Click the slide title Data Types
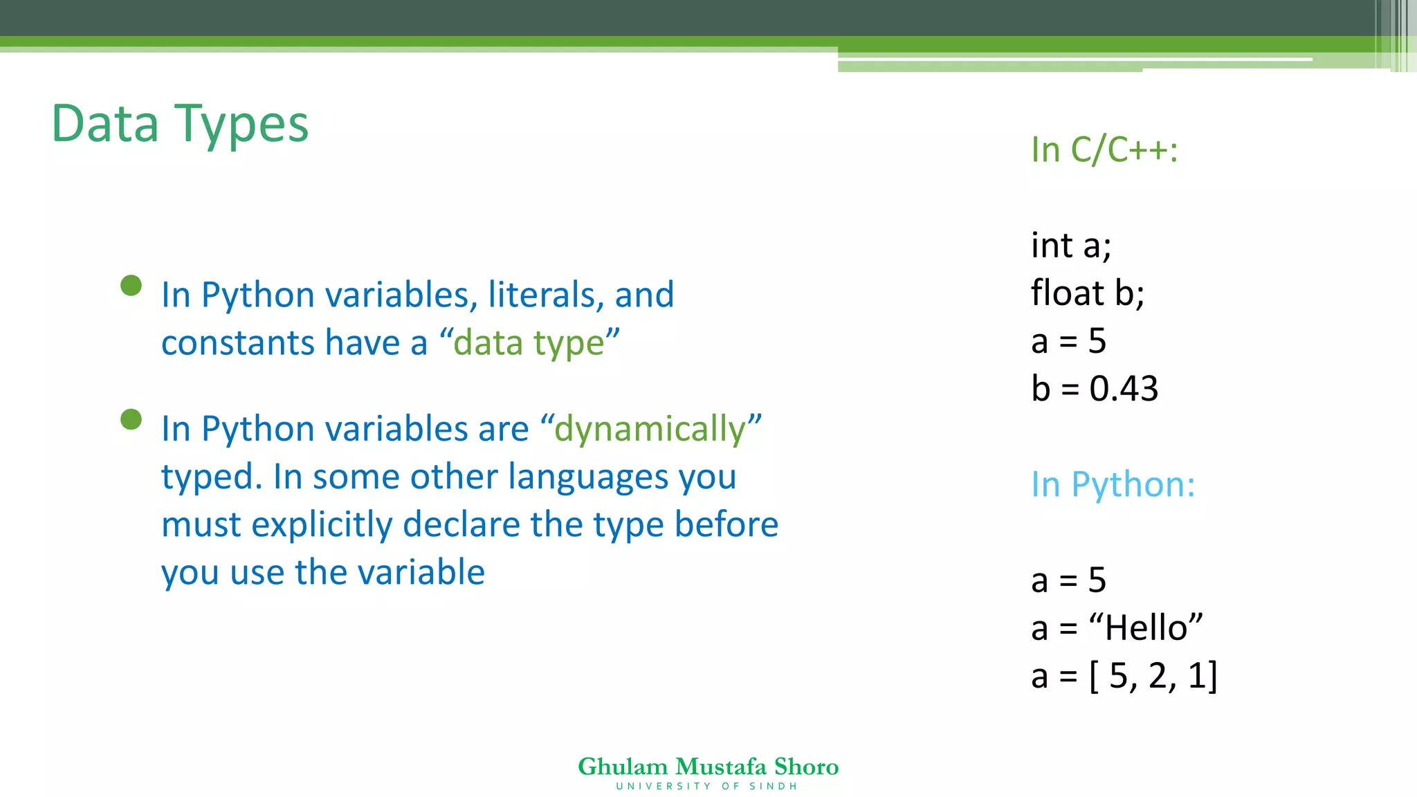click(180, 125)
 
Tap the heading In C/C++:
click(1104, 149)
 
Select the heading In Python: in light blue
click(1113, 484)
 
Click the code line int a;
click(1070, 246)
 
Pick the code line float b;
click(1087, 293)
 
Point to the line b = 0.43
click(1094, 389)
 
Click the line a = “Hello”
click(1117, 628)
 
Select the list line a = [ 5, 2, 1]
click(1124, 676)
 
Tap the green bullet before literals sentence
click(131, 285)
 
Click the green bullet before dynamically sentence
click(131, 419)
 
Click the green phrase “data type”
click(529, 343)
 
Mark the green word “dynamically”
click(650, 429)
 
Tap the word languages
click(588, 477)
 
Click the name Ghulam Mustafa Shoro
click(708, 767)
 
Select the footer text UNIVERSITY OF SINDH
click(706, 787)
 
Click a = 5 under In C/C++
click(1068, 341)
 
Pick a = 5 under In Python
click(1068, 580)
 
